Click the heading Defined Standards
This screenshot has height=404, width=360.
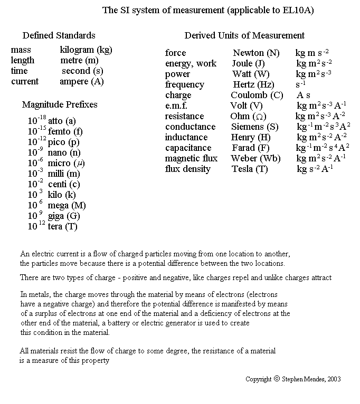click(59, 35)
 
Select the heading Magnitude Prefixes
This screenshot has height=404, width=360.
click(60, 104)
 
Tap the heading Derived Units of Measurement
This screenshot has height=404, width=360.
click(244, 35)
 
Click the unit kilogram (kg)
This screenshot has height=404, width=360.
click(86, 50)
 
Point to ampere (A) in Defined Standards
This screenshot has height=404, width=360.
click(82, 82)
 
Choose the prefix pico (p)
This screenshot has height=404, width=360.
click(64, 142)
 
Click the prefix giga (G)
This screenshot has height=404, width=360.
click(64, 216)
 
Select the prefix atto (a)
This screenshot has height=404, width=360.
click(62, 121)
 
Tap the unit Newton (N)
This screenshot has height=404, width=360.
click(257, 53)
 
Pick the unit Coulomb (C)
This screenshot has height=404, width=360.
click(257, 95)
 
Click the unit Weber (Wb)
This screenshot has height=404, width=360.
click(256, 159)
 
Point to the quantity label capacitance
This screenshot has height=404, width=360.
click(188, 148)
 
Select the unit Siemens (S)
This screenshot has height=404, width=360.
click(255, 127)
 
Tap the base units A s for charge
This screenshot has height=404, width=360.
click(304, 95)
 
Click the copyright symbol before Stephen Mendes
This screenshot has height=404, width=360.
click(277, 379)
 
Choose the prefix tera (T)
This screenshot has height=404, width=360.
click(63, 227)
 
